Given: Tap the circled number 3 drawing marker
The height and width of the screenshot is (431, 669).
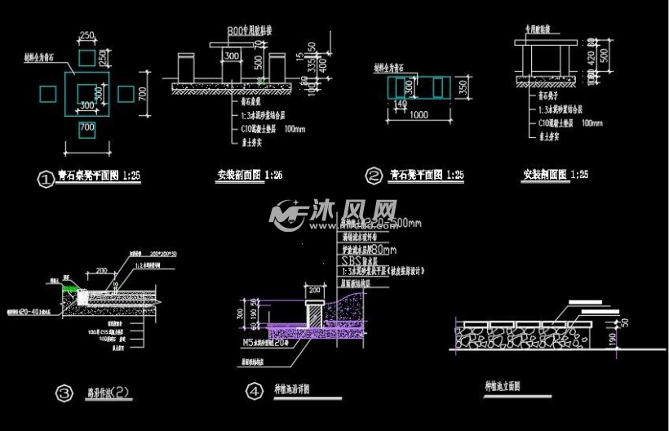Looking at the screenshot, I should click(x=64, y=393).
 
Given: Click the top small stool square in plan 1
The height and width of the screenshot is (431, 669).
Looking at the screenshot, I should click(x=86, y=58).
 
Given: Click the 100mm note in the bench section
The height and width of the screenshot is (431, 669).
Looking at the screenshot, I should click(x=592, y=123).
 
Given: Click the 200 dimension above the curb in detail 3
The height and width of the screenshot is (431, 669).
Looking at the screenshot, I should click(x=102, y=269).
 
